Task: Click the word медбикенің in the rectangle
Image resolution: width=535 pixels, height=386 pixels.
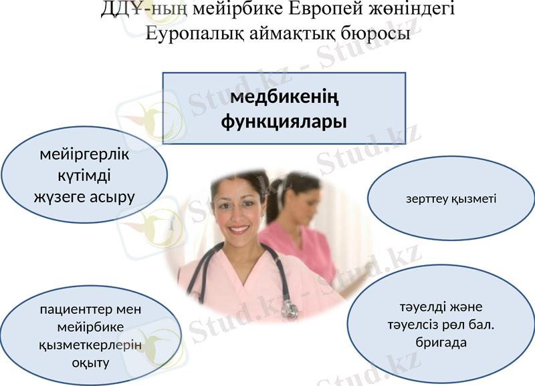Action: point(284,99)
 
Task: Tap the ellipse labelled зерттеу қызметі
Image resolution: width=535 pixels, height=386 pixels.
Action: point(451,199)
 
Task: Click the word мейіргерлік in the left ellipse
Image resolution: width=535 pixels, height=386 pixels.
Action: point(85,156)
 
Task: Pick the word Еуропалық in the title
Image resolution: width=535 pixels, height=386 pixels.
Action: point(189,33)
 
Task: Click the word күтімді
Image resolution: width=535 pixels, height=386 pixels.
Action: point(85,176)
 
